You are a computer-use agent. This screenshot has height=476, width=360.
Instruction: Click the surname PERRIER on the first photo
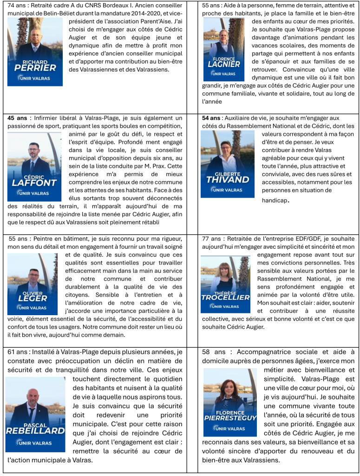(x=35, y=68)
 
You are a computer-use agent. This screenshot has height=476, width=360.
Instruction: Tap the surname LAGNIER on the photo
(x=223, y=65)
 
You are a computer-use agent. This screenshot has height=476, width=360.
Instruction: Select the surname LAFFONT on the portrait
(x=34, y=183)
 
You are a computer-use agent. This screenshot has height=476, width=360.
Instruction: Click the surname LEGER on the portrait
(x=32, y=298)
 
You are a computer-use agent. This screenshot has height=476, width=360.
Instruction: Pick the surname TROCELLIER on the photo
(x=225, y=297)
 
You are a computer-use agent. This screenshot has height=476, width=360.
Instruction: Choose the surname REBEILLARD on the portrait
(x=35, y=431)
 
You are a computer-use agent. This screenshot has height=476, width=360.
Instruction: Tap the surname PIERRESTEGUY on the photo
(x=230, y=418)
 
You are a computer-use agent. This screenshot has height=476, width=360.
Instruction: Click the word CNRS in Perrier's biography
(x=104, y=6)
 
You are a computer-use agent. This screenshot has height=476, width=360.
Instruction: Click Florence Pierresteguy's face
(x=230, y=387)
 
